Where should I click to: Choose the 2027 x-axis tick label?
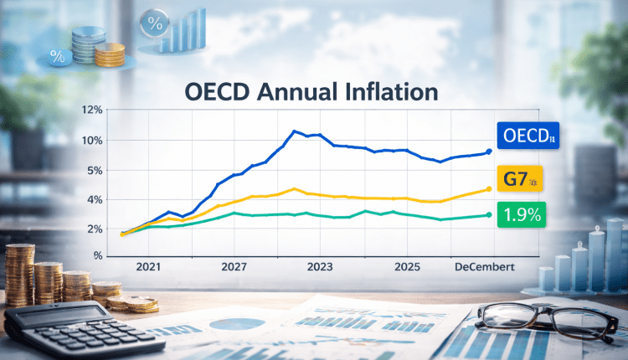(x=238, y=266)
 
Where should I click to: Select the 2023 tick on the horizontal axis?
(x=321, y=266)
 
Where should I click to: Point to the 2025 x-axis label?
(x=407, y=266)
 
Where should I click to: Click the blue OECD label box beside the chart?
(x=526, y=136)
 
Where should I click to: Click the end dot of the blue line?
(x=489, y=152)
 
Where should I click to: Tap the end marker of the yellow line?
(x=488, y=189)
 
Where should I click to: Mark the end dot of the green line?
(x=488, y=215)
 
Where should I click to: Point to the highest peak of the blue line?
(x=295, y=131)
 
